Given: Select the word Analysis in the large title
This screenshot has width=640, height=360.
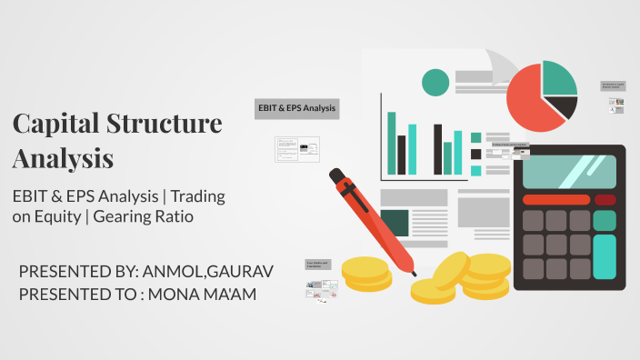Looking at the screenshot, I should [x=63, y=158].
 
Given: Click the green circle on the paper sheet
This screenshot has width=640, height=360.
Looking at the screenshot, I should [x=435, y=83].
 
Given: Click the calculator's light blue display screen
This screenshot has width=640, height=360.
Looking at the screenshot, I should [x=569, y=171].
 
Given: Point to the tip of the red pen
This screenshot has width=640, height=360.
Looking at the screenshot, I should [x=414, y=273].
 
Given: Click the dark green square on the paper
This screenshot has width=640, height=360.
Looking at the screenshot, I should [x=394, y=222].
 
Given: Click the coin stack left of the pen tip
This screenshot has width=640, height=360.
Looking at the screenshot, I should [x=365, y=272].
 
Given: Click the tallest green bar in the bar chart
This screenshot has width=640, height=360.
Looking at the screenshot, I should [x=392, y=142].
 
